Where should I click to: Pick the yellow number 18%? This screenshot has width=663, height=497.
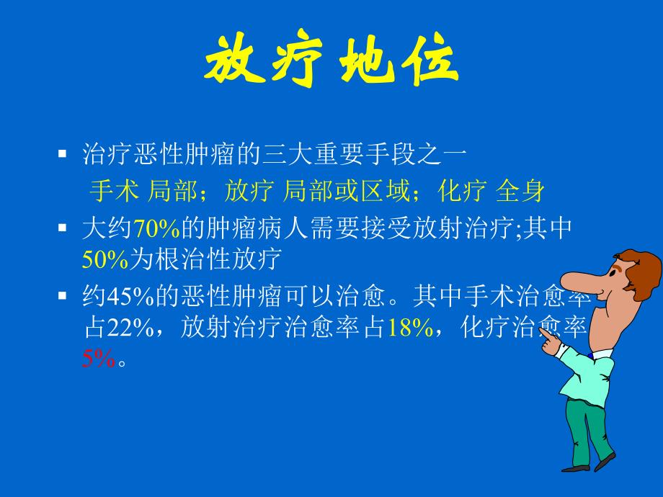409,328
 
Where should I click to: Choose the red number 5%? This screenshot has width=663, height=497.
99,359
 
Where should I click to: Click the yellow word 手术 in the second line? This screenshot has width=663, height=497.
114,191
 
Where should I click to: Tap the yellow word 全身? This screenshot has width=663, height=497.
520,191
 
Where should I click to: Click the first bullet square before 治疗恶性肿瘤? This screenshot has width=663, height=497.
63,153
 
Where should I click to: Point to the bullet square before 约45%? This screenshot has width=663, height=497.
63,296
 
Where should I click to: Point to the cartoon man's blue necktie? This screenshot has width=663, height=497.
591,355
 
